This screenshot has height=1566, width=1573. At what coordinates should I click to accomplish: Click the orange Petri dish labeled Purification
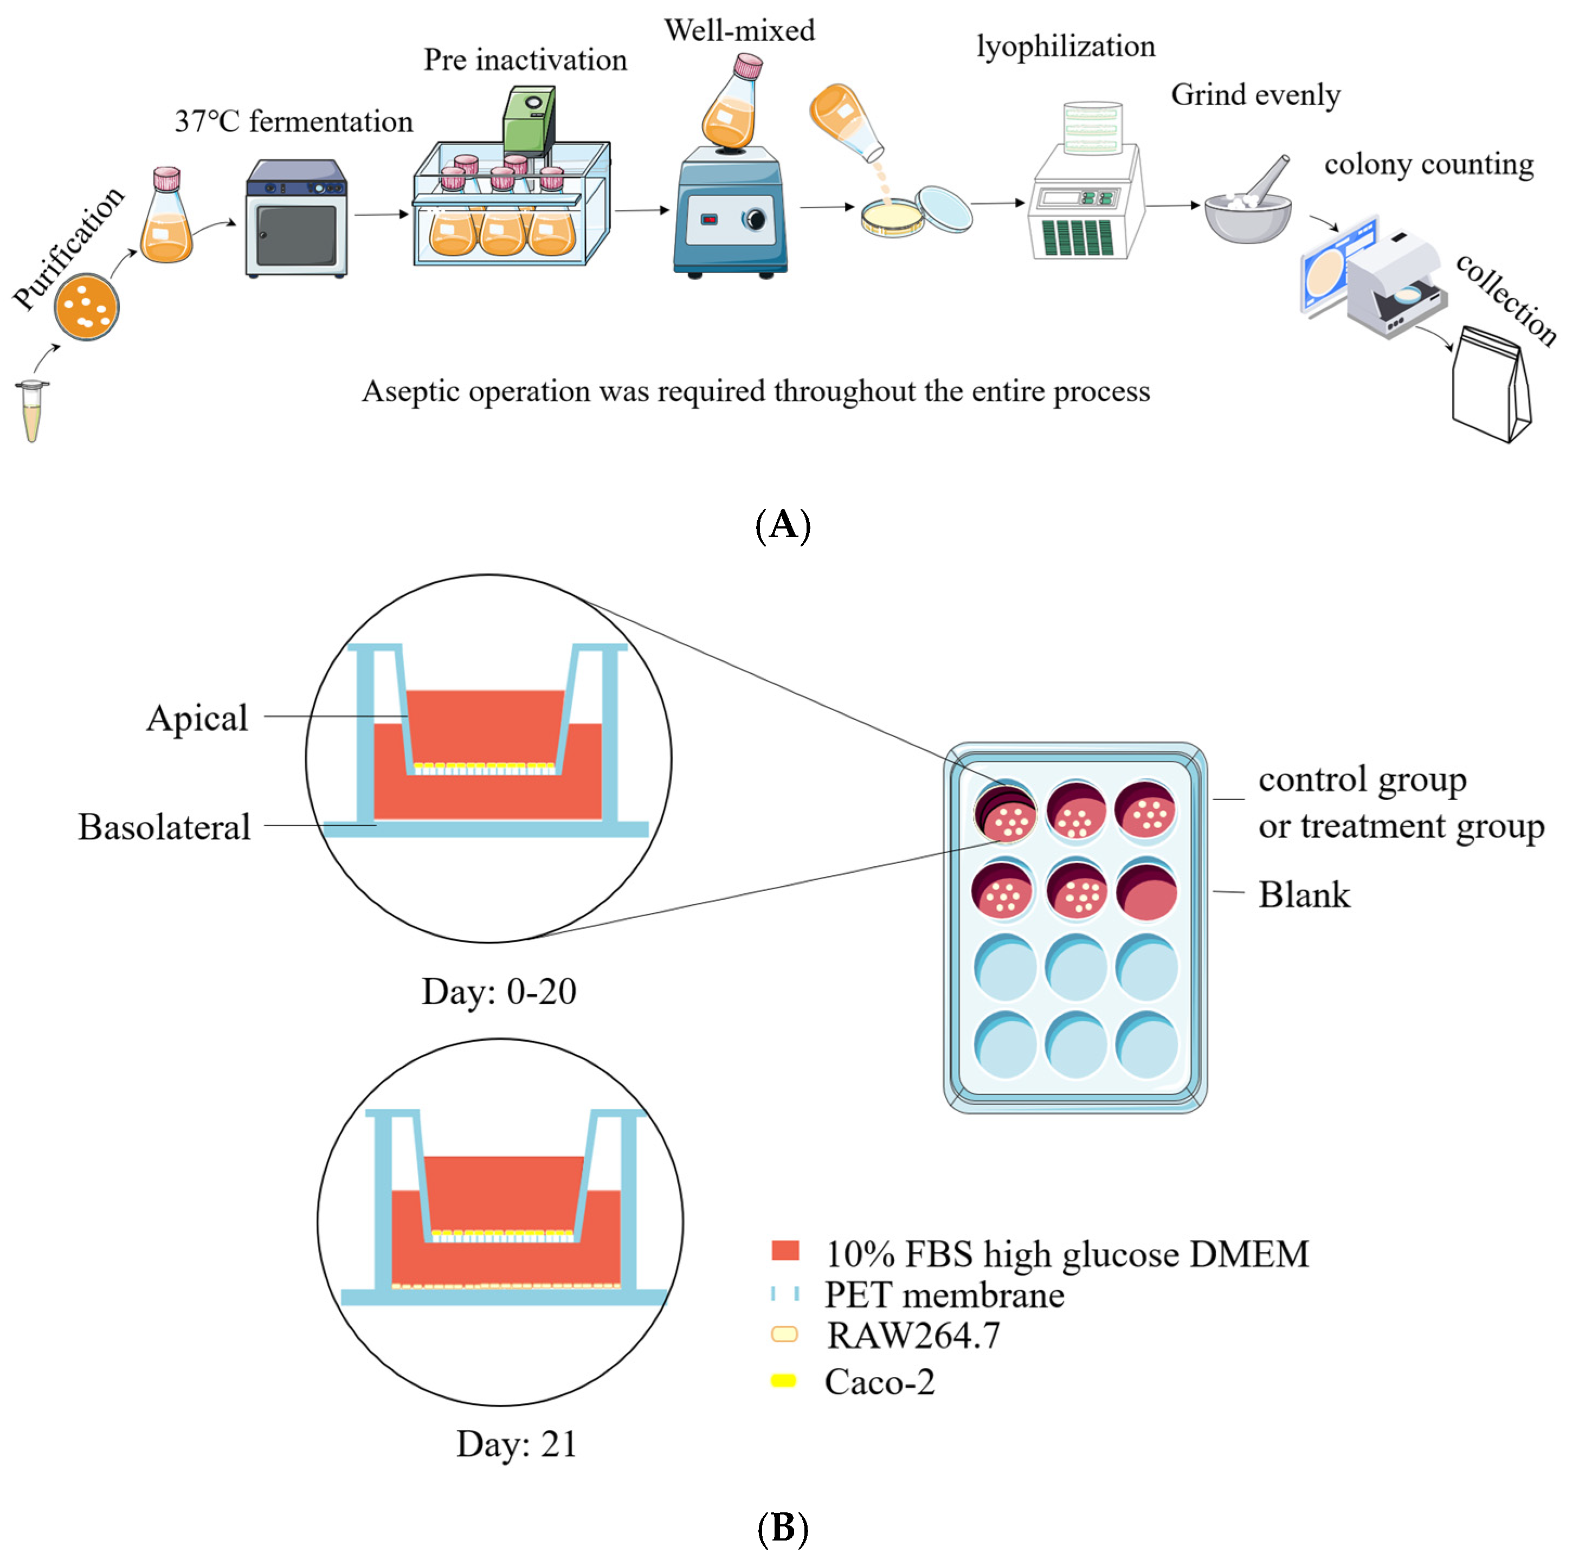point(86,307)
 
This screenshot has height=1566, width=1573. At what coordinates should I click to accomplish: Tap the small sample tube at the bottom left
point(32,411)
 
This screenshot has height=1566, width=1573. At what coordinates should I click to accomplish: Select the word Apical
point(197,718)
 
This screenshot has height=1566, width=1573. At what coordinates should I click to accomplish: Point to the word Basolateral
point(164,827)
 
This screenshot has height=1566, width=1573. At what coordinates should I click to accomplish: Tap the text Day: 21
point(516,1445)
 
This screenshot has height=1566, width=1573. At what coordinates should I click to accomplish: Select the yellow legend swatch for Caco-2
point(783,1380)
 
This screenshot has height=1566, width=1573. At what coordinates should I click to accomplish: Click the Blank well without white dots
point(1146,890)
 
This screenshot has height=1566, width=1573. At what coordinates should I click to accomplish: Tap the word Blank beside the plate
point(1304,895)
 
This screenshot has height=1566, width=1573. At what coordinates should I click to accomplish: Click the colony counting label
point(1429,164)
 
